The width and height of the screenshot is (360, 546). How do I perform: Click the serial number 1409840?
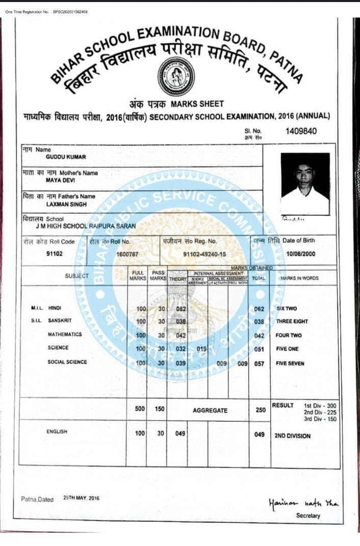pos(301,131)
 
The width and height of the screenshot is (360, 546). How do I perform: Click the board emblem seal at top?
pos(175,72)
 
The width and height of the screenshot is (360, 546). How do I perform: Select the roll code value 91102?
pos(54,253)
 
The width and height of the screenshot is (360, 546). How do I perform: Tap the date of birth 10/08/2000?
pos(301,253)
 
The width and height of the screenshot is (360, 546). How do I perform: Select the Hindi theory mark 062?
pos(181,309)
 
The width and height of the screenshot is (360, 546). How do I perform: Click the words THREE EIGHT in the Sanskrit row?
pos(293,322)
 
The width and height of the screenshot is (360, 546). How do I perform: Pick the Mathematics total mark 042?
pos(259,335)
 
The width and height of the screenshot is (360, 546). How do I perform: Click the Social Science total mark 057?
pos(259,363)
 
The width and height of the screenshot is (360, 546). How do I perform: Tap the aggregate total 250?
pos(260,410)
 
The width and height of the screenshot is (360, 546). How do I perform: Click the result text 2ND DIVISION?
pos(293,436)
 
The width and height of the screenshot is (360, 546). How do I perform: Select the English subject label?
pos(57,432)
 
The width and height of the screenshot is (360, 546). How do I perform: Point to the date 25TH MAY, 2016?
pos(82,498)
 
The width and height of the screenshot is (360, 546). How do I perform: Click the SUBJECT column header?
pos(76,276)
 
